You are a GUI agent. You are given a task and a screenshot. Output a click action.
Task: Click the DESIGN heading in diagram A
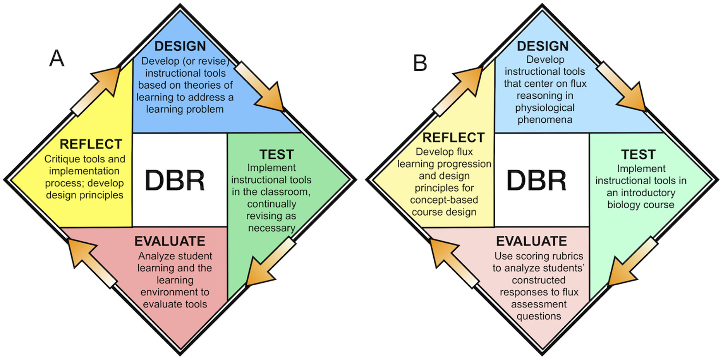tap(180, 46)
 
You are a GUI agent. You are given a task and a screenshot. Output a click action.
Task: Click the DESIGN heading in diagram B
tap(543, 46)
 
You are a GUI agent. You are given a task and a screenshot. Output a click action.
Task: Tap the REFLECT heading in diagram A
tap(91, 144)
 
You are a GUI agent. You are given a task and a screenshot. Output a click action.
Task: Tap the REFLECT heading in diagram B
tap(453, 137)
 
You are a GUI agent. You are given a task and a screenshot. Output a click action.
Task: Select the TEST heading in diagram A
tap(276, 154)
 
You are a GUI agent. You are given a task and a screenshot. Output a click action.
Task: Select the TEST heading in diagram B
tap(638, 154)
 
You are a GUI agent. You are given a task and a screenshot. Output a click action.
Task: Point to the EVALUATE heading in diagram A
tap(170, 241)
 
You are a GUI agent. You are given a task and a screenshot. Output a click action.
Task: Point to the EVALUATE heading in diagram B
tap(531, 241)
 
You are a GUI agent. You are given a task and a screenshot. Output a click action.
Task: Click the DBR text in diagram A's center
tap(175, 181)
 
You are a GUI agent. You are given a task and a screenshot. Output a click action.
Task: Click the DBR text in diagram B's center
tap(536, 181)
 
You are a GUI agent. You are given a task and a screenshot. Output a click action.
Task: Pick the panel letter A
tap(57, 59)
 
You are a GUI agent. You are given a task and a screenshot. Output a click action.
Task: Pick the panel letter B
tap(420, 63)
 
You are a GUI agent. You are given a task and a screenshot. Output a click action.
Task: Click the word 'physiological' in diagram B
tap(545, 108)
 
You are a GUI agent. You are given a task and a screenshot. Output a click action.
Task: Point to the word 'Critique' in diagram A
tap(61, 159)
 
